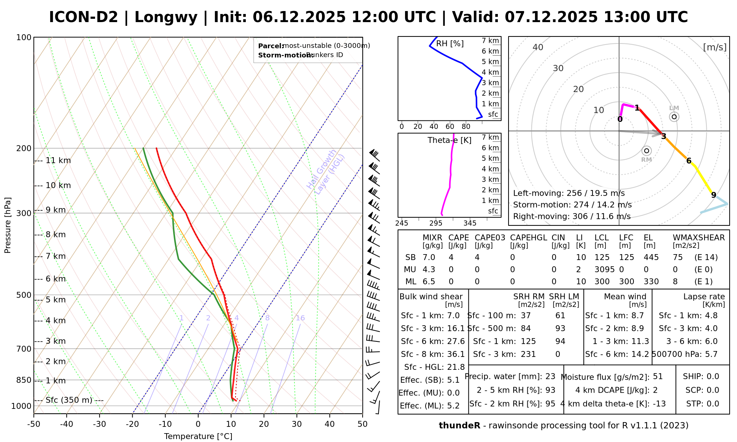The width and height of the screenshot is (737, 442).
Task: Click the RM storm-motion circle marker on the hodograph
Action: (x=646, y=151)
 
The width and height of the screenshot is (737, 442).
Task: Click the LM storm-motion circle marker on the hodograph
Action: (x=674, y=117)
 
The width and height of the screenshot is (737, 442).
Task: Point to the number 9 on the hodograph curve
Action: (x=713, y=195)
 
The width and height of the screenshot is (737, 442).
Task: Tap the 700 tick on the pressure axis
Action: (x=24, y=349)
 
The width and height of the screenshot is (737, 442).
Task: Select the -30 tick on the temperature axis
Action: (x=99, y=424)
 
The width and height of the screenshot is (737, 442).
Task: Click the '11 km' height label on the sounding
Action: (x=58, y=161)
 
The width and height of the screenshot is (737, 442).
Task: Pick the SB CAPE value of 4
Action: (x=451, y=257)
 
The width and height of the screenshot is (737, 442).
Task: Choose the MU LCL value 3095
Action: (x=604, y=270)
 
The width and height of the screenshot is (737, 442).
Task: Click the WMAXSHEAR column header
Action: (x=699, y=238)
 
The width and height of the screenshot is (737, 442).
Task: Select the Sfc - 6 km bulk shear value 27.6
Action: (x=456, y=341)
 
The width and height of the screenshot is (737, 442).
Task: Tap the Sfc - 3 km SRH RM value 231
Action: (x=528, y=354)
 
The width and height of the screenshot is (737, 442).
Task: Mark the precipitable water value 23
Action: (x=550, y=376)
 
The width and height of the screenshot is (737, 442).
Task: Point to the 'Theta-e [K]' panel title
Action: (x=449, y=140)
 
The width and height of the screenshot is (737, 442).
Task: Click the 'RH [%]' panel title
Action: (x=450, y=44)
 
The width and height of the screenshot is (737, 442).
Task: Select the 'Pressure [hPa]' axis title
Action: (x=8, y=225)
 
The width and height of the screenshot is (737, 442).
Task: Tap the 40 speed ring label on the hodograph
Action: (x=538, y=47)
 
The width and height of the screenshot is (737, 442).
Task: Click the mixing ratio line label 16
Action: (x=300, y=318)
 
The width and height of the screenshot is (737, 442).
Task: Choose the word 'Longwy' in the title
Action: (x=166, y=17)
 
